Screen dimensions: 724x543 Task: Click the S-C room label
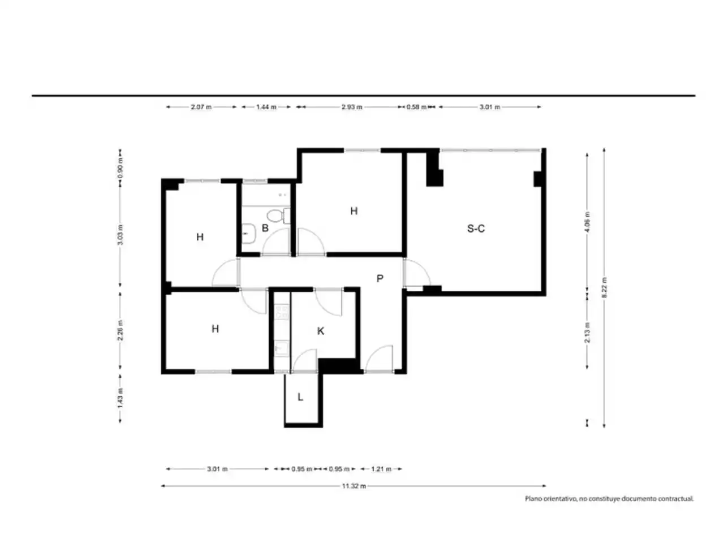point(476,228)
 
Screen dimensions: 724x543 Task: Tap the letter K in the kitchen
point(320,331)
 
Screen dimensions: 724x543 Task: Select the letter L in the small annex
point(300,397)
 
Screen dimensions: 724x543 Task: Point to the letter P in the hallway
point(380,279)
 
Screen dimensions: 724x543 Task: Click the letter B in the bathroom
point(265,228)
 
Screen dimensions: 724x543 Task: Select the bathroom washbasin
point(248,234)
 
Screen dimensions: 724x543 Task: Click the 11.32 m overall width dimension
point(354,486)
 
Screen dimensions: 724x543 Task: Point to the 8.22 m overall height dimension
point(604,287)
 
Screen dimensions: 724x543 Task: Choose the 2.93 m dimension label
point(352,107)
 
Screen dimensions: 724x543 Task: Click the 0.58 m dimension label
point(416,107)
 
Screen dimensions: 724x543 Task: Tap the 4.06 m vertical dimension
point(587,222)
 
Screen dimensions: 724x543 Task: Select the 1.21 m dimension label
point(381,469)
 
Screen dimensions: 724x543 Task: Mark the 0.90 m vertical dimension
point(120,168)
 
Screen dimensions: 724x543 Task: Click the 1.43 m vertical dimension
point(120,398)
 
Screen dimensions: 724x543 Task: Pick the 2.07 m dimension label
point(201,107)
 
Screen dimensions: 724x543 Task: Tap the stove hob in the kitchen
point(282,312)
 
